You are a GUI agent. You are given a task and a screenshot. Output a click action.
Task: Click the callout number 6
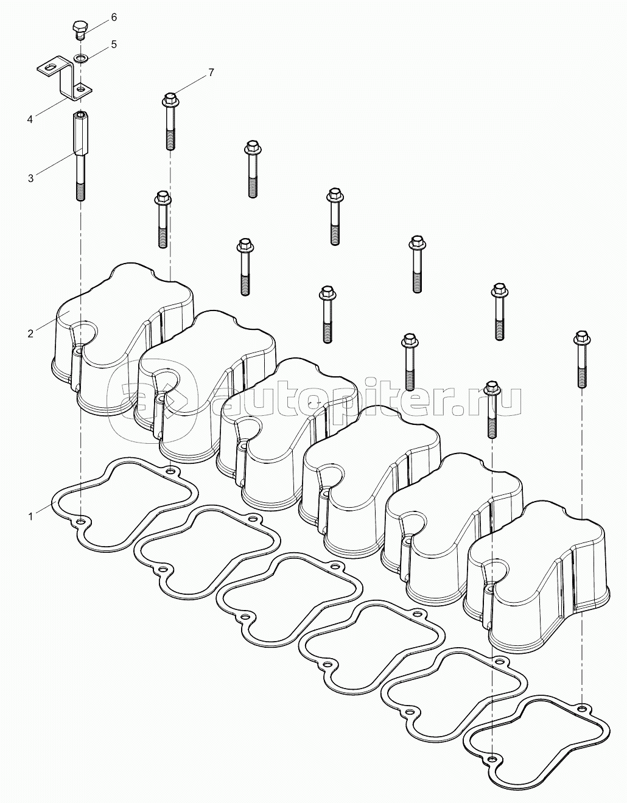[x=113, y=18]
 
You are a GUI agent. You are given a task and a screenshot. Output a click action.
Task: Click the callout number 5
[x=113, y=45]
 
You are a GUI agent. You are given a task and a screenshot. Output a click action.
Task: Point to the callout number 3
[x=30, y=178]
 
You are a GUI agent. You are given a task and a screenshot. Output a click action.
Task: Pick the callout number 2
[x=30, y=333]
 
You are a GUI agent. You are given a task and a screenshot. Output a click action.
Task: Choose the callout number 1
[x=30, y=516]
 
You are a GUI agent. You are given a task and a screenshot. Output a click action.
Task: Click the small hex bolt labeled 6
[x=80, y=28]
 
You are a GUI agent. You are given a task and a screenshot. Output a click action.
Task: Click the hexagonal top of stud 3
[x=81, y=117]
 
